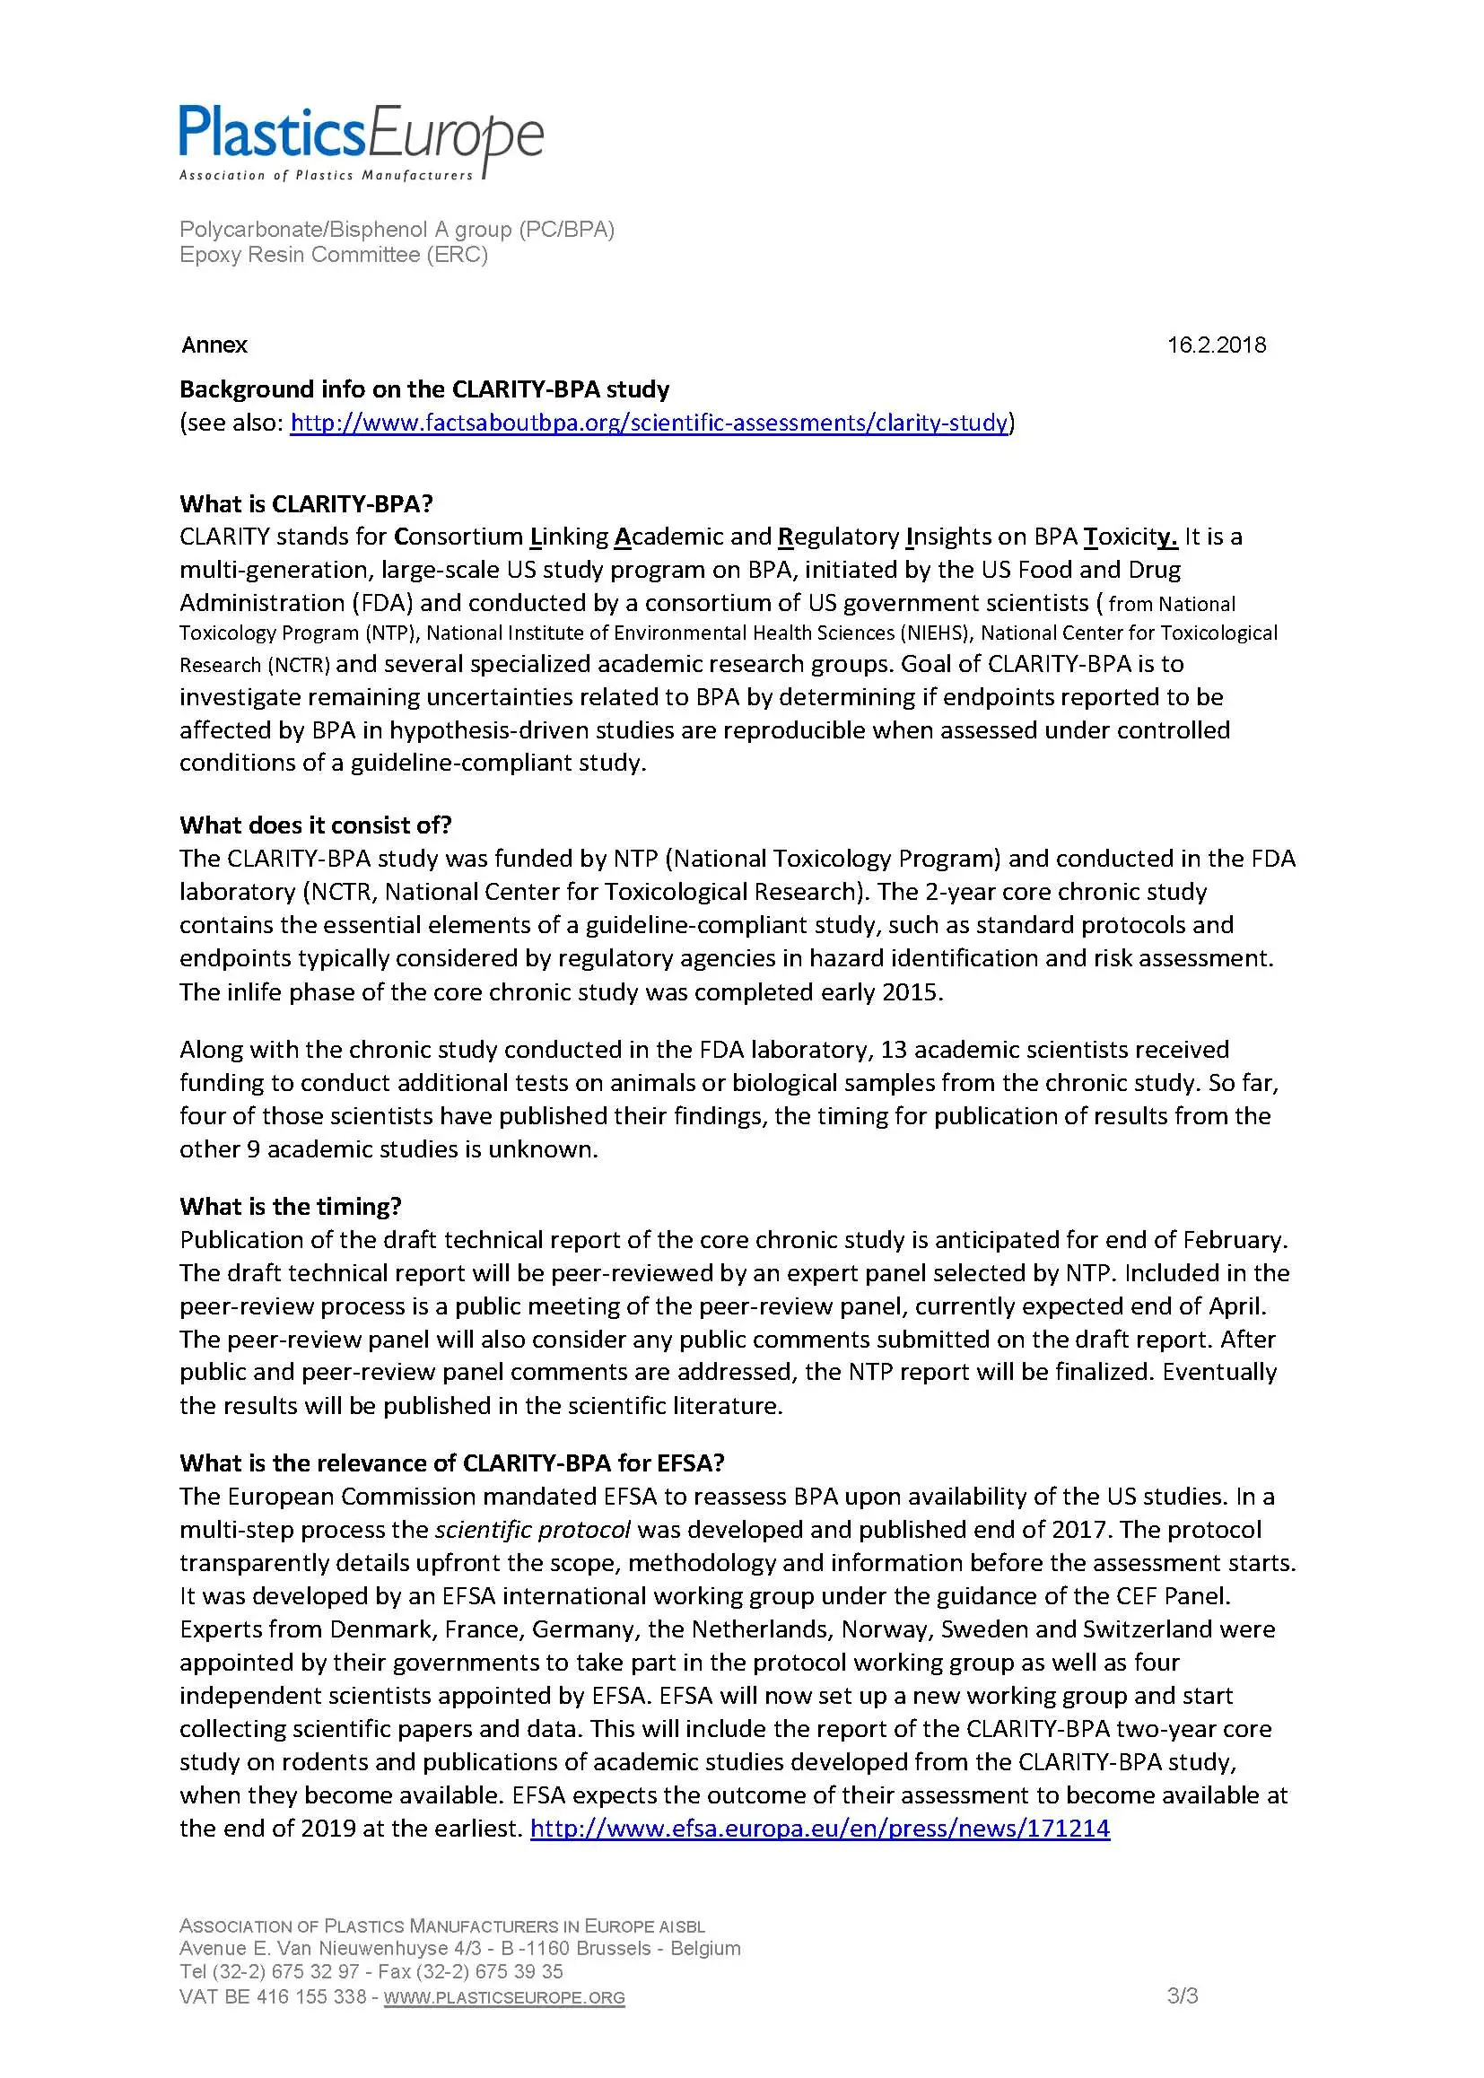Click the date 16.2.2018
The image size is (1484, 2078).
click(1217, 345)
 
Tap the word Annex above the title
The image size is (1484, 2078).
click(214, 345)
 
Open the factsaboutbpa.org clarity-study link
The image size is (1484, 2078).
click(649, 423)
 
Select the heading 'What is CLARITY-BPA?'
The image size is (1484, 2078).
click(306, 503)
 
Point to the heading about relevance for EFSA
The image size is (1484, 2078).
click(451, 1462)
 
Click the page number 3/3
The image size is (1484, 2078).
click(1183, 1995)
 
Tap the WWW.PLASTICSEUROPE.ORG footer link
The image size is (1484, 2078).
click(504, 1997)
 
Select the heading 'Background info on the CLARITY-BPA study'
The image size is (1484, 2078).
click(424, 389)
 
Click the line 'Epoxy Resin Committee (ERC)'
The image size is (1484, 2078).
click(334, 254)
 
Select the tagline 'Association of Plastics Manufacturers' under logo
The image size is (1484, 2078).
click(327, 176)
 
